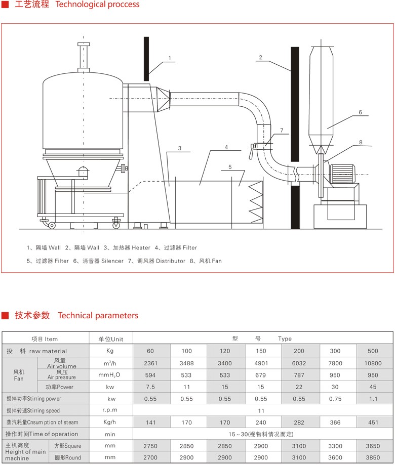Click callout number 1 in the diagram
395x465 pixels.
(170, 58)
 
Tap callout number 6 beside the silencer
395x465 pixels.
(360, 112)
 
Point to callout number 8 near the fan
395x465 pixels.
(361, 143)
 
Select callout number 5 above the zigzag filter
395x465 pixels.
(230, 166)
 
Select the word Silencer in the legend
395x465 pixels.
(112, 261)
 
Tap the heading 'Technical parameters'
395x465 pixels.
(98, 316)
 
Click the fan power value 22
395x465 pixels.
(299, 387)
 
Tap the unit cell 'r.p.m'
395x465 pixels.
(110, 410)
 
